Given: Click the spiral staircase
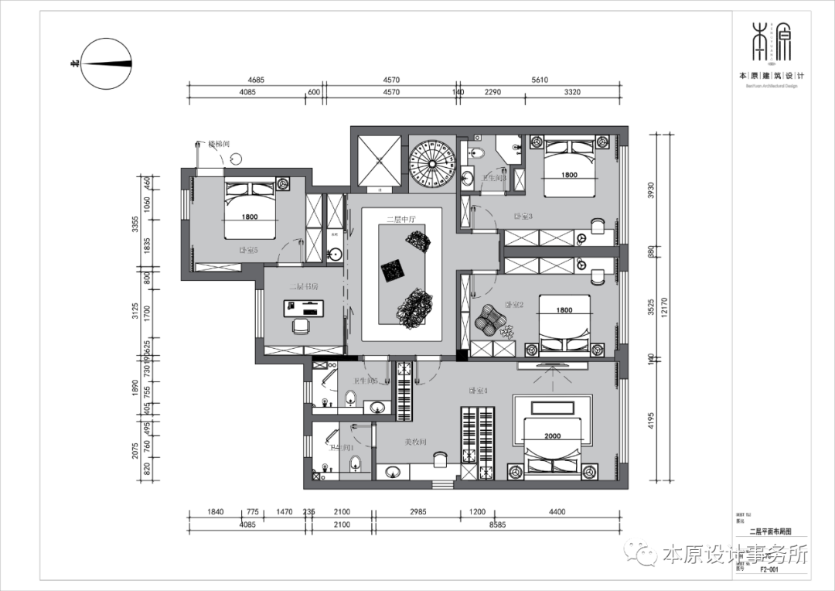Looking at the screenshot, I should (x=432, y=162).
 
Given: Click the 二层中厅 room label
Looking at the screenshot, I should (x=401, y=220).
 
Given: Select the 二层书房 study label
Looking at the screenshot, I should (x=304, y=286).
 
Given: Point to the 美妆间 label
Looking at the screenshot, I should (x=415, y=442).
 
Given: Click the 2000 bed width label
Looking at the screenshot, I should (x=552, y=436).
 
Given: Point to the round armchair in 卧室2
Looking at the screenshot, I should (x=489, y=318).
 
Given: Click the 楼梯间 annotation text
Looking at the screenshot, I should (x=219, y=144).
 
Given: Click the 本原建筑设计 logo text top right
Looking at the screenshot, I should (x=772, y=76).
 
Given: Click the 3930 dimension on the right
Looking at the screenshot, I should (x=651, y=190).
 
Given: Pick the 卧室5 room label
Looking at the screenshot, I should (x=248, y=250).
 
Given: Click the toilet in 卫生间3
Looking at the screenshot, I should (x=477, y=152).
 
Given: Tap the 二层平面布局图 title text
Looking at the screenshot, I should (x=770, y=532).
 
